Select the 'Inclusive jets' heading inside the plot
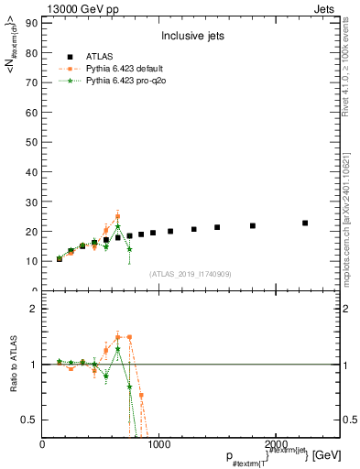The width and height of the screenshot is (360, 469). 193,38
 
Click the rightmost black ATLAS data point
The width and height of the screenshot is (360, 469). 305,223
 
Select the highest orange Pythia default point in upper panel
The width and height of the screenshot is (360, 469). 117,216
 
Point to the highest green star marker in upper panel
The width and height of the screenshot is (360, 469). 117,226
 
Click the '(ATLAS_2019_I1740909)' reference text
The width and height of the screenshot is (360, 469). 191,274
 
